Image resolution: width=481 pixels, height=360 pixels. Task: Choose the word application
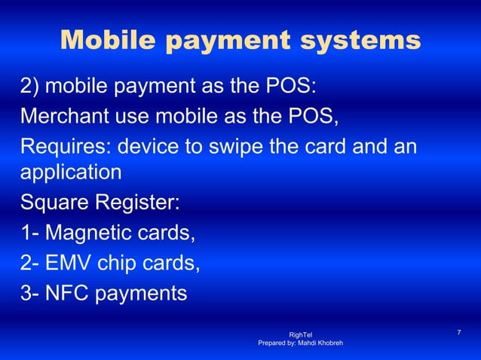coord(71,174)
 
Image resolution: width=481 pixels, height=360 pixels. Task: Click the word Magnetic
coord(94,233)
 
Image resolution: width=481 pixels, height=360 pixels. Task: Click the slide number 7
coord(459,333)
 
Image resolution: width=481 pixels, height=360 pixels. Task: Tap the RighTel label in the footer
coord(301,334)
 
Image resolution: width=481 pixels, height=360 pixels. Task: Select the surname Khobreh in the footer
coord(329,343)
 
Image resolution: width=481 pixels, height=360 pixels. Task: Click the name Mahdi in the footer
coord(302,343)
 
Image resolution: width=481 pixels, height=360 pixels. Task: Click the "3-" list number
coord(30,291)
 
